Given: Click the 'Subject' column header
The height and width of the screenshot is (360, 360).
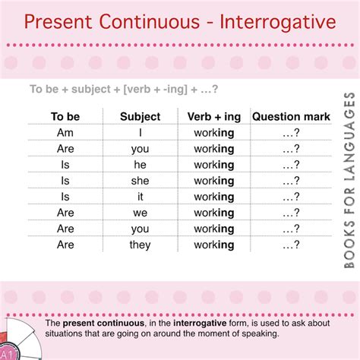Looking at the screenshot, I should click(141, 116).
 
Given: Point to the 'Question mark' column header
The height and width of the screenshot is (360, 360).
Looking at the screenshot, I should click(292, 116).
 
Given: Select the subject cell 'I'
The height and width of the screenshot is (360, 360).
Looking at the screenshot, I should click(141, 133).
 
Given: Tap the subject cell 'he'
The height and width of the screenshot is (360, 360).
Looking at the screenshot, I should click(141, 165).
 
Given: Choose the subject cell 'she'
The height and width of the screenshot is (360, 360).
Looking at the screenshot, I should click(141, 181).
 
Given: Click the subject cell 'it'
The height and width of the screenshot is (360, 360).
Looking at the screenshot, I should click(141, 197).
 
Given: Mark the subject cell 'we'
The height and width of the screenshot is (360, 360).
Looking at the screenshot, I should click(141, 213).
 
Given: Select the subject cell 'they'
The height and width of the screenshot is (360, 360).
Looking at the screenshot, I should click(141, 245).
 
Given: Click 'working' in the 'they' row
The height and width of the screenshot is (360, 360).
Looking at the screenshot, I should click(214, 245).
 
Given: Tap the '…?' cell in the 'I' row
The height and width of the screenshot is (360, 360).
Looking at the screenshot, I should click(292, 133).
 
